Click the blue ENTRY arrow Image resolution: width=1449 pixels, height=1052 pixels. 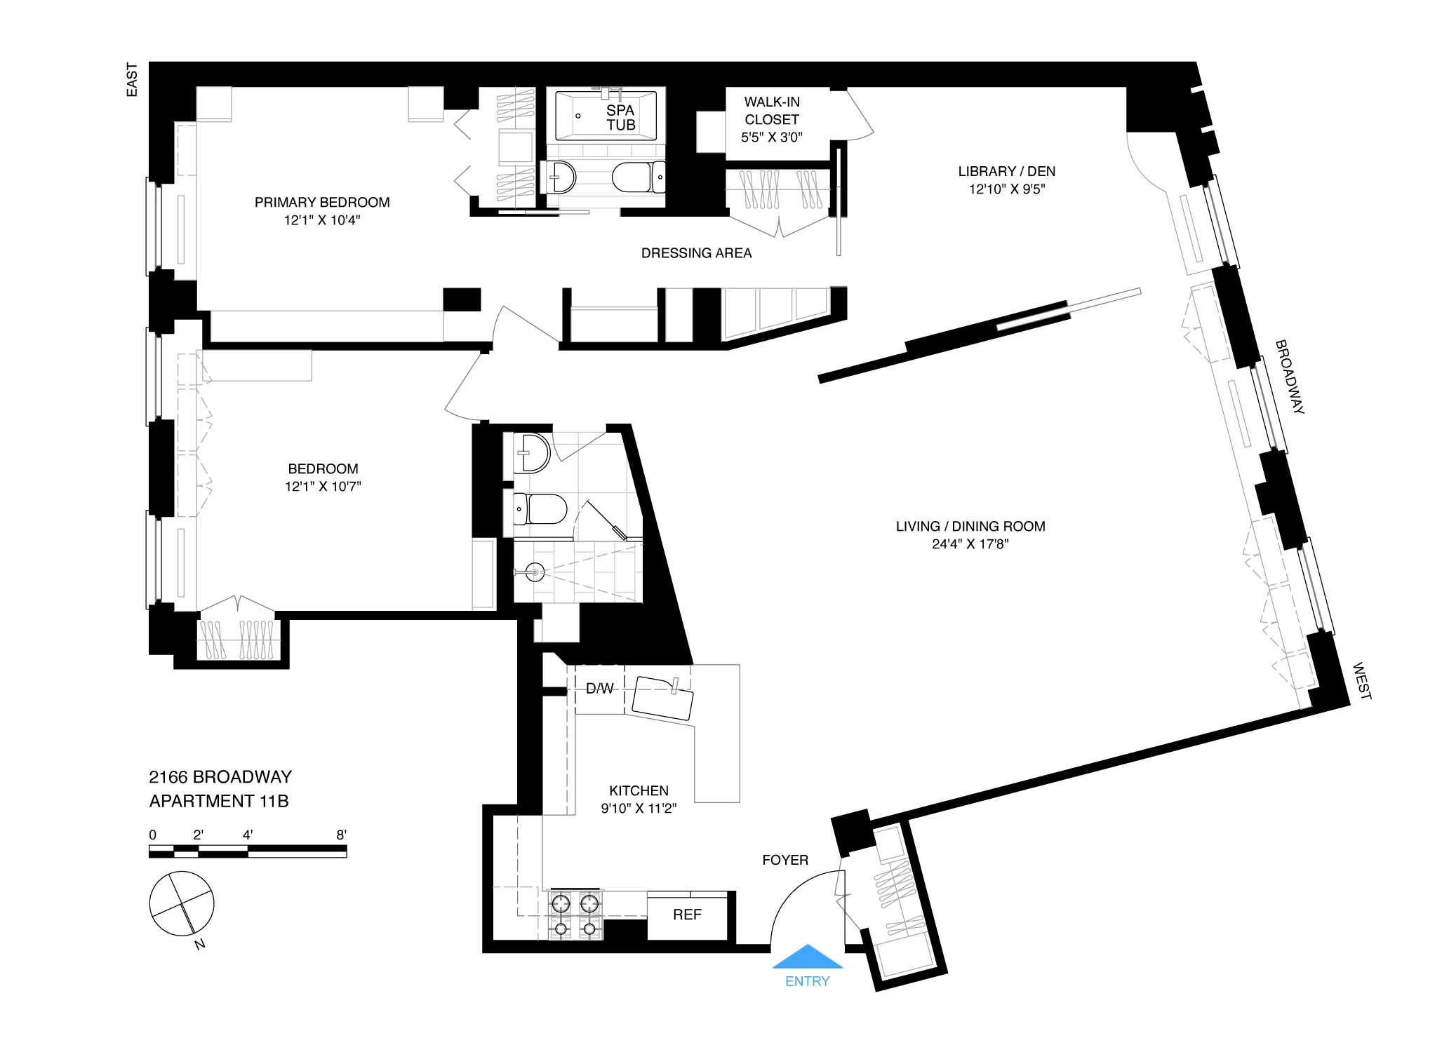click(807, 957)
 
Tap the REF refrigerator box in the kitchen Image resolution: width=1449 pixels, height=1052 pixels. click(687, 915)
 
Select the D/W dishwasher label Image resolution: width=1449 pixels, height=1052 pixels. click(599, 689)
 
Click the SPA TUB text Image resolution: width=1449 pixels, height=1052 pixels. click(621, 118)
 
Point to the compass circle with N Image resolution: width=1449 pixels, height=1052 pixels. click(182, 903)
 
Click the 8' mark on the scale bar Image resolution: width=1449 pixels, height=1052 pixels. click(341, 835)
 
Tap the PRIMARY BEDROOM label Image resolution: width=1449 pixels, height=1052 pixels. click(322, 203)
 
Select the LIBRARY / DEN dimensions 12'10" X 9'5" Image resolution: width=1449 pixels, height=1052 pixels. click(1006, 189)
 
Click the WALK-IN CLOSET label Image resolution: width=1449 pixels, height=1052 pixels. click(772, 111)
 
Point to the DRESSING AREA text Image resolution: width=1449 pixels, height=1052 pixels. click(696, 253)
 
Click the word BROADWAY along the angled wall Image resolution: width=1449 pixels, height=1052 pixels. click(1289, 377)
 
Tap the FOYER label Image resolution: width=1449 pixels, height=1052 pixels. click(785, 860)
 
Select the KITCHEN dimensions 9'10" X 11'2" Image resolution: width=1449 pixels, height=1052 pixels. click(639, 809)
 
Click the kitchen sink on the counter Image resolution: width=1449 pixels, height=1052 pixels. click(662, 698)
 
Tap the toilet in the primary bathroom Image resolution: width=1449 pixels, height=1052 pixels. click(637, 177)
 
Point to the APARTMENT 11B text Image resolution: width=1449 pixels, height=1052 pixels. click(219, 801)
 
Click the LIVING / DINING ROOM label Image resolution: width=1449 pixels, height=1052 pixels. click(970, 526)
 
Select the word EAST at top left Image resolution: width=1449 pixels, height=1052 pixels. click(132, 79)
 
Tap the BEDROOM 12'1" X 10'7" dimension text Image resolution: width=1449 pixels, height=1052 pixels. click(323, 487)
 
